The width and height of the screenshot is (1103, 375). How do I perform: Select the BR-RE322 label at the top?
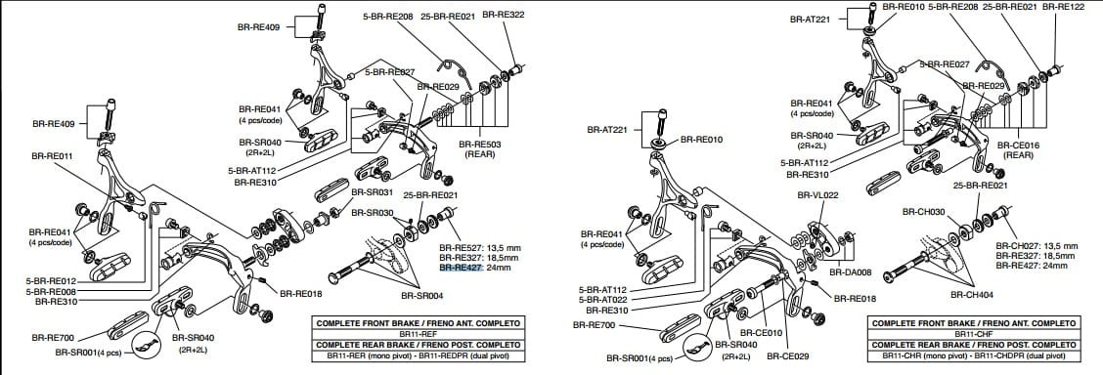point(504,15)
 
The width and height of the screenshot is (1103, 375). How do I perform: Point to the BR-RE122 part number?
point(1063,7)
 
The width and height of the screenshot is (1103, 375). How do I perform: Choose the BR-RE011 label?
point(52,155)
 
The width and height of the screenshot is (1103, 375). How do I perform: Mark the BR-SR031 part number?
point(371,192)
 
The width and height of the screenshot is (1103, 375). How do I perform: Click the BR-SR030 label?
point(372,213)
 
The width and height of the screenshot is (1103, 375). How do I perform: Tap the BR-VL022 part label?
point(818,195)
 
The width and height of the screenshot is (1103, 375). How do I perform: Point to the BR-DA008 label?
point(850,272)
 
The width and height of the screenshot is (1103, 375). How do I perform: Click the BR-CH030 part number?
point(923,211)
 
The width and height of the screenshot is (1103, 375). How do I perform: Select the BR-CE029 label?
point(786,356)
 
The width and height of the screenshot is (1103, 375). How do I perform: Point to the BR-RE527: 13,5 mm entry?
point(477,248)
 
